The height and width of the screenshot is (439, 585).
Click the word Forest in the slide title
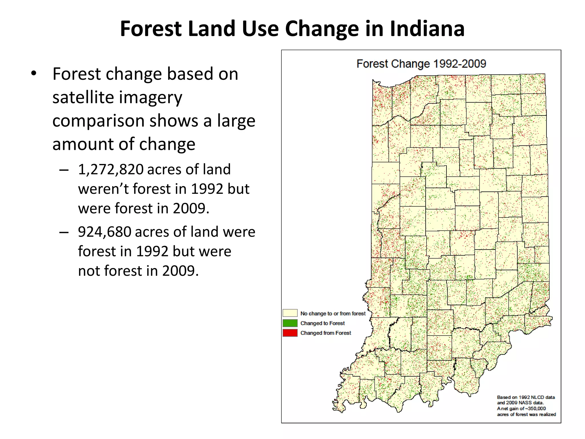(x=151, y=29)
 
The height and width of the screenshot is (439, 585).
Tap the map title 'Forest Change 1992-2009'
(x=421, y=64)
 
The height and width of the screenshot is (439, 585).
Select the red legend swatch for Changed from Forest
(x=290, y=333)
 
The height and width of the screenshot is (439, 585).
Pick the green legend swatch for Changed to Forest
(x=290, y=323)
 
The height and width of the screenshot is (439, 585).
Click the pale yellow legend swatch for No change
(x=290, y=313)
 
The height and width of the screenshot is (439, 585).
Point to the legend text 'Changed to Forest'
(x=322, y=323)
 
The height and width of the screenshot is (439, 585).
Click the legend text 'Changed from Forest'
(x=326, y=333)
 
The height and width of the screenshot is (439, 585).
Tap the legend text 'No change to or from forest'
(x=333, y=314)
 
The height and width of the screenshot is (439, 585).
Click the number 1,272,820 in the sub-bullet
(x=111, y=169)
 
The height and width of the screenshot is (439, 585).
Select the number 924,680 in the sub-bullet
(x=105, y=232)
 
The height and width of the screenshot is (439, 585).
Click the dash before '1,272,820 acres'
(x=64, y=170)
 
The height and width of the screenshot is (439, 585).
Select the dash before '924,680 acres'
(x=64, y=233)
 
